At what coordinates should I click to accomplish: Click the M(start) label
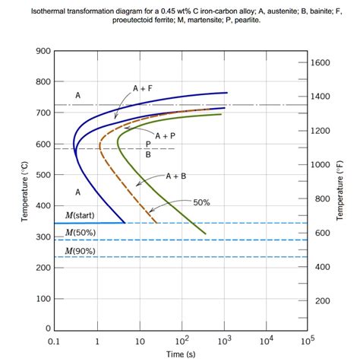(x=80, y=215)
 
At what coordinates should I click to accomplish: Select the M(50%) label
(x=80, y=232)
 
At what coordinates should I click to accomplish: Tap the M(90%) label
(x=80, y=249)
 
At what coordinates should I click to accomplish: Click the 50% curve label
(x=201, y=202)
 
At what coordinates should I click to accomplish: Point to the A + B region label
(x=175, y=176)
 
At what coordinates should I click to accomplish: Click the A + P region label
(x=165, y=135)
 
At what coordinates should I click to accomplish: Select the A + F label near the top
(x=142, y=88)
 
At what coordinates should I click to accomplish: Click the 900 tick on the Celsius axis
(x=43, y=51)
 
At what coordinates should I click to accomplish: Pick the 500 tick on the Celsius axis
(x=43, y=175)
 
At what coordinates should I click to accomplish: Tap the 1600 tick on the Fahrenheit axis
(x=322, y=63)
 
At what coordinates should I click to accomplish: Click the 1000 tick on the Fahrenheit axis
(x=322, y=165)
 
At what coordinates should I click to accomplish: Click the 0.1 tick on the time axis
(x=54, y=341)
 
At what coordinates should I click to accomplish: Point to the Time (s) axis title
(x=181, y=354)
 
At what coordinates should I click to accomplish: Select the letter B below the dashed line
(x=148, y=154)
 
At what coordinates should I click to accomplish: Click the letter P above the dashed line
(x=148, y=144)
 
